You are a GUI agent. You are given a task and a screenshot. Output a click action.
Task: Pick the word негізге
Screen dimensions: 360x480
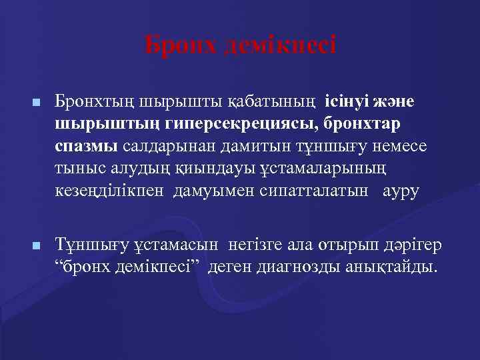click(258, 245)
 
